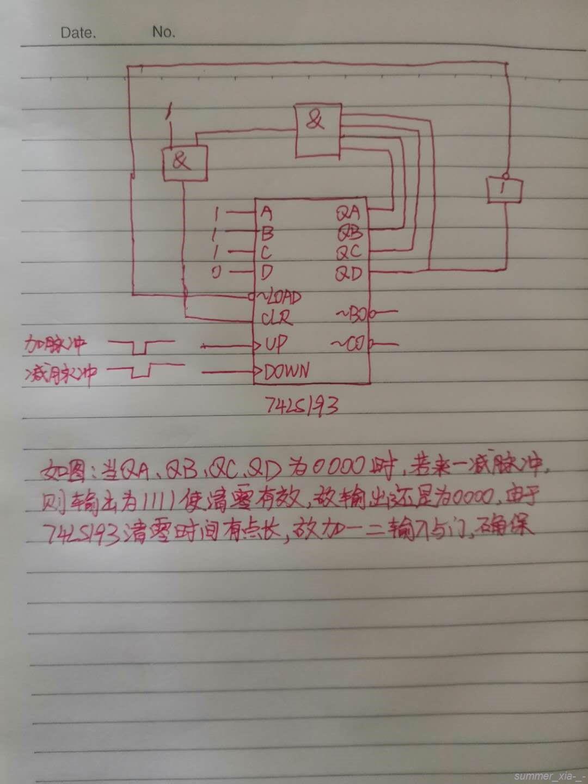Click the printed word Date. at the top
pos(78,33)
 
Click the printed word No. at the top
pos(163,32)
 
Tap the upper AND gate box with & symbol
pos(316,129)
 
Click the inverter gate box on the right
pos(504,190)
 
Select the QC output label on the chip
pos(348,253)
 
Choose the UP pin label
pos(276,344)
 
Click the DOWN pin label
pos(286,371)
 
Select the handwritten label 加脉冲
pos(57,344)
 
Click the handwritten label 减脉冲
pos(60,373)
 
